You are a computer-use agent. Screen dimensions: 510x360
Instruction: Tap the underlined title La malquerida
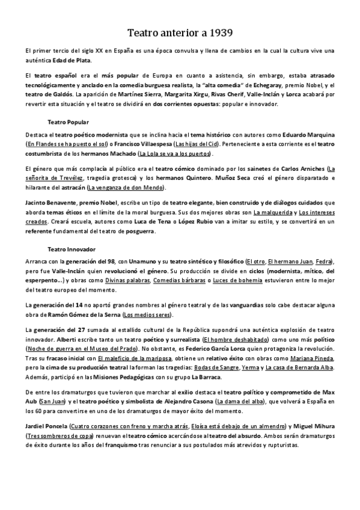[274, 213]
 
